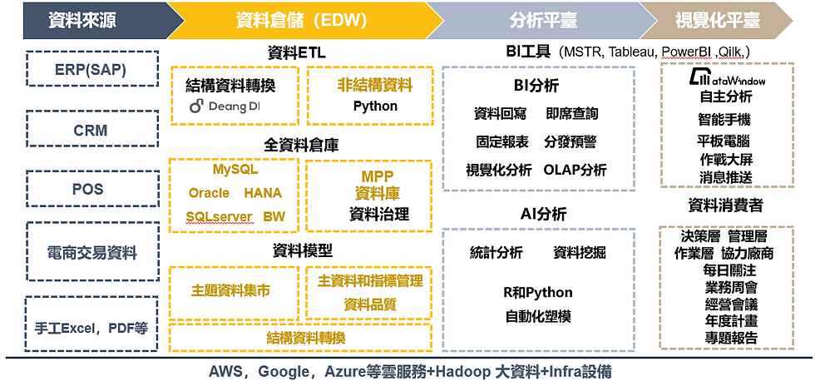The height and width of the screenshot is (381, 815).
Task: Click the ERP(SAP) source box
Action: pyautogui.click(x=91, y=68)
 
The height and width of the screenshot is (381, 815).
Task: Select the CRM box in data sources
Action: pyautogui.click(x=91, y=129)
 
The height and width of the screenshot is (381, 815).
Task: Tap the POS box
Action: pyautogui.click(x=91, y=189)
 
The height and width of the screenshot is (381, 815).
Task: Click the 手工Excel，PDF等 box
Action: pyautogui.click(x=91, y=324)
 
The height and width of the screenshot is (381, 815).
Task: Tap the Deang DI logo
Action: pyautogui.click(x=225, y=106)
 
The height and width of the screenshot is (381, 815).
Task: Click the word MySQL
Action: pyautogui.click(x=235, y=169)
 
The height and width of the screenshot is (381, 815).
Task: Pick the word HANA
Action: pyautogui.click(x=263, y=193)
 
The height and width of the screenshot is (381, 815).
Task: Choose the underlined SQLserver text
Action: pyautogui.click(x=220, y=216)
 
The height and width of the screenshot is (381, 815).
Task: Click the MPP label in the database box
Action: pyautogui.click(x=378, y=176)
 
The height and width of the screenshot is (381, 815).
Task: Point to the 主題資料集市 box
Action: pyautogui.click(x=234, y=293)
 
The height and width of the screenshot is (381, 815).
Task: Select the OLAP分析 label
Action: pyautogui.click(x=575, y=170)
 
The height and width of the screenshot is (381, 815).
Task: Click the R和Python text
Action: pyautogui.click(x=538, y=293)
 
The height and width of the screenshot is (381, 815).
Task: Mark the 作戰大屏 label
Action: pyautogui.click(x=725, y=159)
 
